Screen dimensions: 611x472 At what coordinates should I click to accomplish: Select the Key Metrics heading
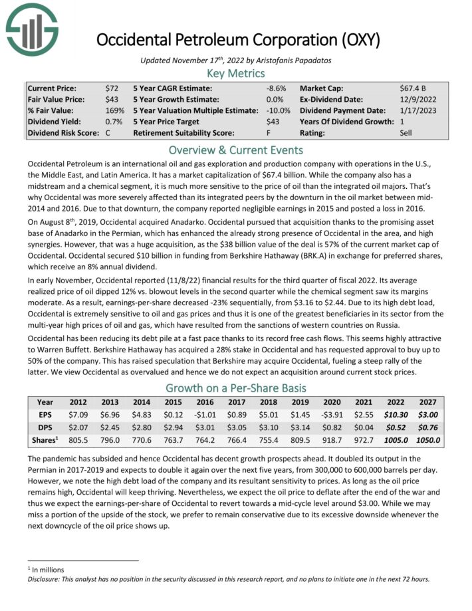click(x=236, y=73)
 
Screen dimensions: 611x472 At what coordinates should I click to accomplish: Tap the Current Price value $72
click(x=112, y=88)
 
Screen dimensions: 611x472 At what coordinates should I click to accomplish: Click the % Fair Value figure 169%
click(x=114, y=110)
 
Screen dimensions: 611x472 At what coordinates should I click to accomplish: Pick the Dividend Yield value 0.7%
click(x=113, y=122)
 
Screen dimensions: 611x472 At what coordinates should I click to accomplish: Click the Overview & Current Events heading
click(x=236, y=150)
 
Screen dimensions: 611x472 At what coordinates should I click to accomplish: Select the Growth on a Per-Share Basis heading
click(x=236, y=388)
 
